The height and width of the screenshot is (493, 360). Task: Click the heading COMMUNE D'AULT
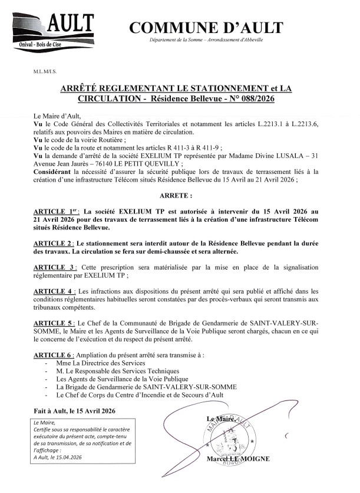click(206, 28)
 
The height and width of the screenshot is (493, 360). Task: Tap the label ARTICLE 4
click(54, 291)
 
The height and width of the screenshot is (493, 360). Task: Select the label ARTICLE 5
click(54, 323)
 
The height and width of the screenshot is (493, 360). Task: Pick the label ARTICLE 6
click(54, 356)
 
